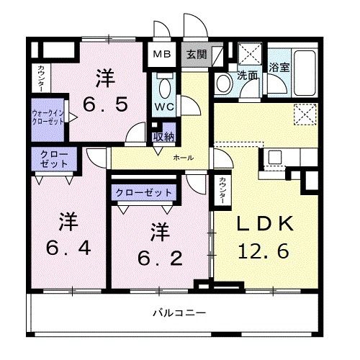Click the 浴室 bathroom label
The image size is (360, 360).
(279, 68)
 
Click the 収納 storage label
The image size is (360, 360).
(163, 138)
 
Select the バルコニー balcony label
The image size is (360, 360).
(179, 313)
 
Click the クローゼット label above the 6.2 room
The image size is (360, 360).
(143, 192)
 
